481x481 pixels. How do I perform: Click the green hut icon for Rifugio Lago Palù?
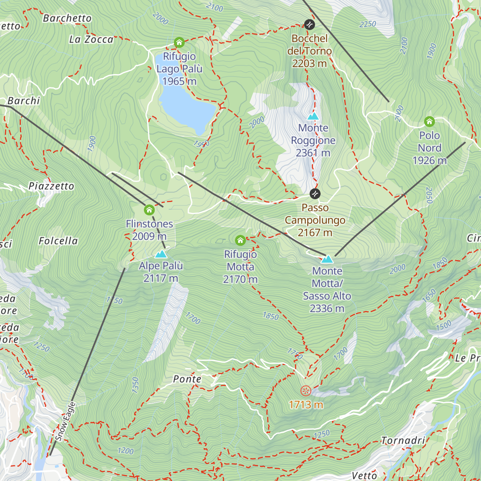coord(179,42)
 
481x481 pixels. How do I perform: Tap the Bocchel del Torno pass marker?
coord(309,24)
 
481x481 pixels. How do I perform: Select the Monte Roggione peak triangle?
coord(313,116)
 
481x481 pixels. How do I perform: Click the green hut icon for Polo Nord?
coord(429,121)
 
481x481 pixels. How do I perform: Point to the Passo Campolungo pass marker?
coord(315,194)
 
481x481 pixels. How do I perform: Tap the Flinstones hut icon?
coord(149,210)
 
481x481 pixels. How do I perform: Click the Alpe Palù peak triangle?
coord(161,254)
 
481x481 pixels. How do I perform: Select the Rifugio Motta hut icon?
coord(240,240)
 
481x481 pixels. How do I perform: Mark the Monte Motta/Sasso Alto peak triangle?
coord(327,259)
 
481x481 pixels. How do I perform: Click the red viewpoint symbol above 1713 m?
coord(306,390)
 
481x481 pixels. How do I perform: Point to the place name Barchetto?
coord(67,18)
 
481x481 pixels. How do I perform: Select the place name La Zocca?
coord(91,39)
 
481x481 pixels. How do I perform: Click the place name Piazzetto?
coord(51,186)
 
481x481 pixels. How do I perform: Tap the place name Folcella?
coord(58,241)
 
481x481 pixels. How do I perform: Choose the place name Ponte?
coord(187,379)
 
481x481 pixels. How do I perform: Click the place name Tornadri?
coord(403,441)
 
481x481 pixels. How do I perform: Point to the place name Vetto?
coord(364,475)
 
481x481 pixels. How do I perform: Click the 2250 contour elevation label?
coord(368,24)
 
